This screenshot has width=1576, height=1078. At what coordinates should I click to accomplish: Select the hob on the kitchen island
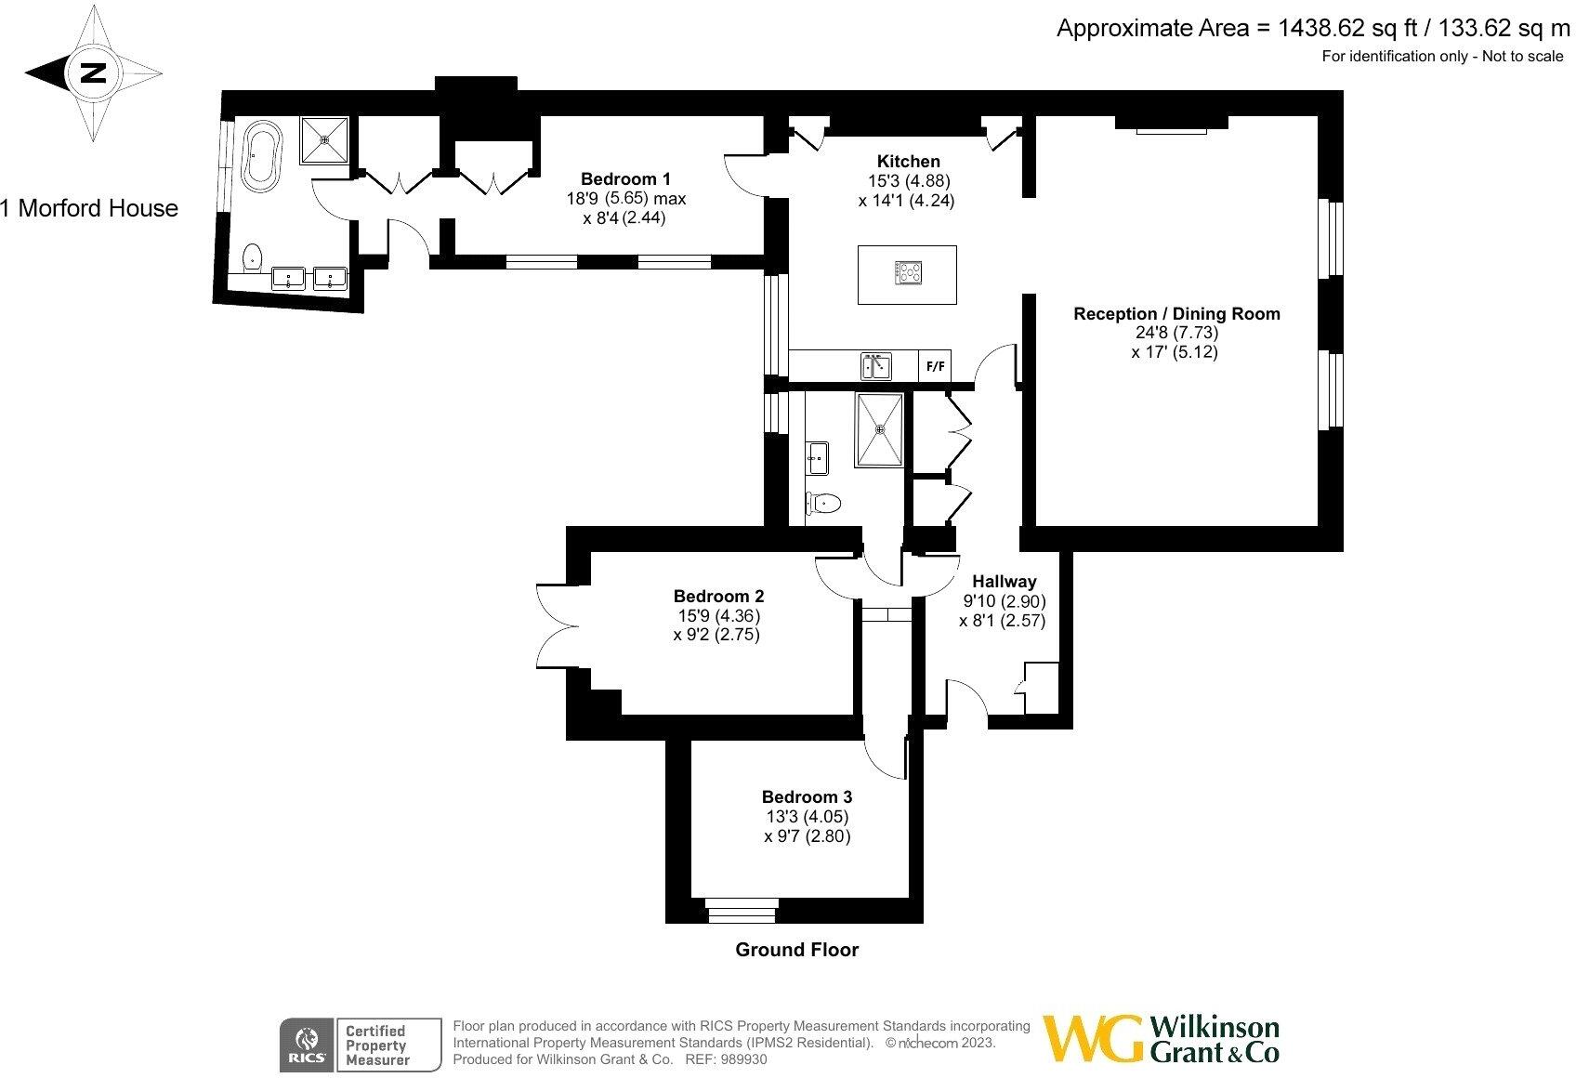[x=908, y=272]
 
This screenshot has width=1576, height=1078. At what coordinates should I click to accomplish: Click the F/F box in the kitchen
[x=935, y=366]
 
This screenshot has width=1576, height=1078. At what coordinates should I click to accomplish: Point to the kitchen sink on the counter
[x=875, y=366]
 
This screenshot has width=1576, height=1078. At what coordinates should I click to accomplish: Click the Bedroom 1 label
[x=625, y=178]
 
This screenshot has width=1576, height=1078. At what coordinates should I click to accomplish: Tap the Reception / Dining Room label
[x=1176, y=314]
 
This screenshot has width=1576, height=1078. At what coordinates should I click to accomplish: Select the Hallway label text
[x=1004, y=582]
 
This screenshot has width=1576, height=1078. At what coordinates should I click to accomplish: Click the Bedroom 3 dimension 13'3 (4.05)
[x=806, y=817]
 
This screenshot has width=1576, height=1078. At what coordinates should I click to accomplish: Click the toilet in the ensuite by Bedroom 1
[x=252, y=256]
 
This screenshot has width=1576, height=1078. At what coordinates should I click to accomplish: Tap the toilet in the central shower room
[x=824, y=504]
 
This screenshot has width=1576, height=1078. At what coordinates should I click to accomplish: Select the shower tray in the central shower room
[x=879, y=429]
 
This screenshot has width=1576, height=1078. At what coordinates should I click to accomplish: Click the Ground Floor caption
[x=796, y=950]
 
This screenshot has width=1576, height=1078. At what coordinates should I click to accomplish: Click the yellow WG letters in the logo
[x=1093, y=1039]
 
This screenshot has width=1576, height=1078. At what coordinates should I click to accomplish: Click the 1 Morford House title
[x=89, y=208]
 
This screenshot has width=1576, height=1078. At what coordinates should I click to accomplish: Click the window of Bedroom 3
[x=741, y=910]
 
